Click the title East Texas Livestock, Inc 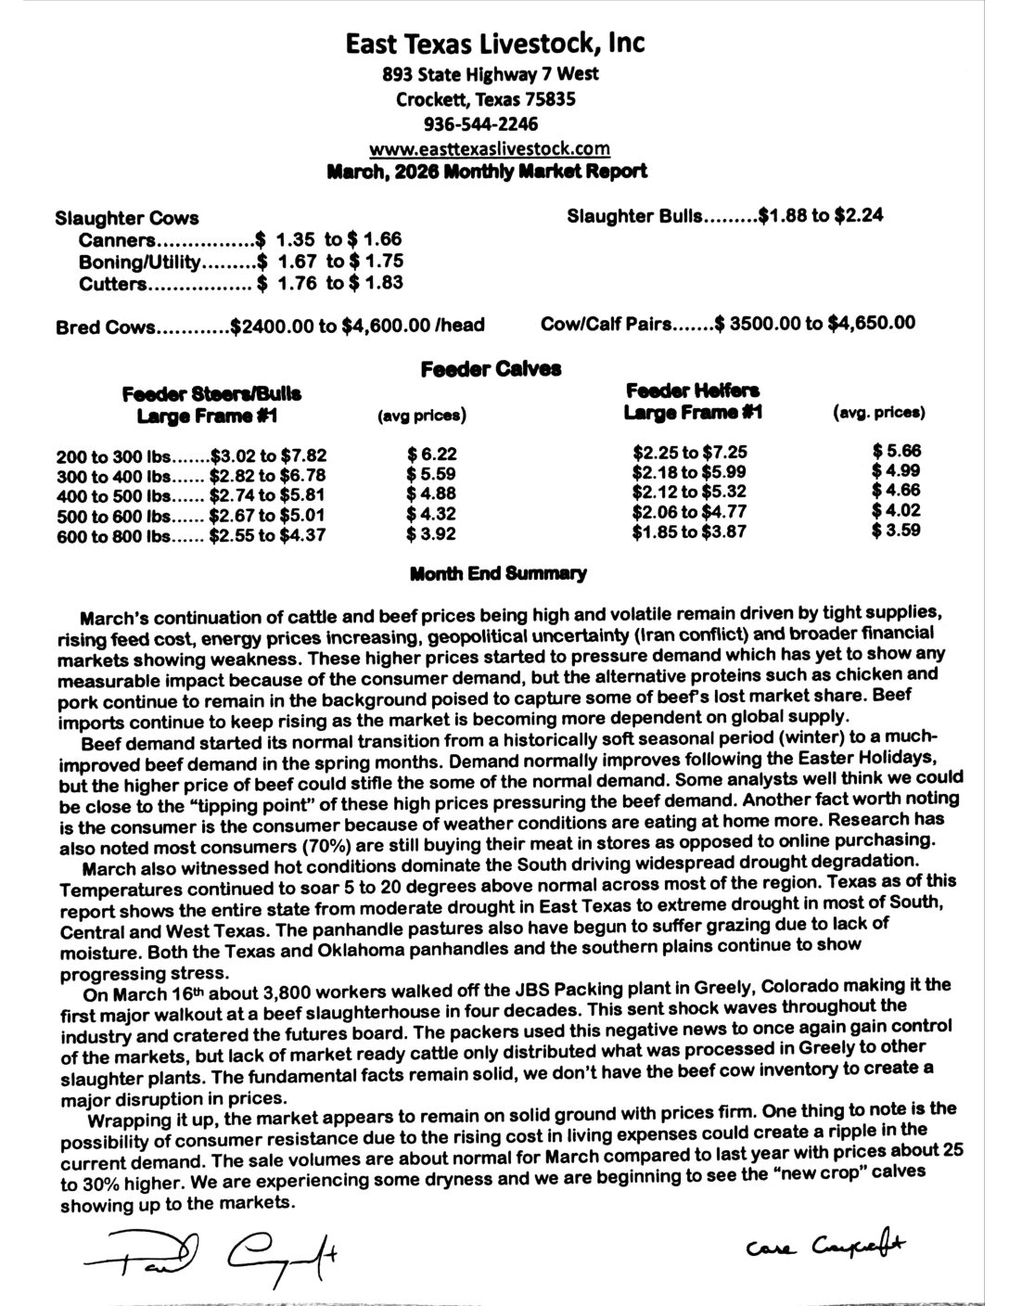[x=494, y=44]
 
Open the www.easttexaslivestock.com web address [x=489, y=148]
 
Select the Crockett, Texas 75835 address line [x=485, y=99]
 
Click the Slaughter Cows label [x=127, y=219]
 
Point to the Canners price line [x=240, y=240]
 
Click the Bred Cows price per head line [x=270, y=326]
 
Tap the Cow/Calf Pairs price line [x=728, y=324]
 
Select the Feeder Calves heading [x=491, y=369]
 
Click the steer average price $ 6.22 [x=432, y=455]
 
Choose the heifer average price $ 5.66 [x=897, y=452]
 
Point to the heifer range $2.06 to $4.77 [x=690, y=512]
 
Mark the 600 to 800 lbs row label [x=109, y=535]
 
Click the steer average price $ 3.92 [x=432, y=534]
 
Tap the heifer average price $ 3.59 [x=897, y=531]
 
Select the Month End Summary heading [x=498, y=574]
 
